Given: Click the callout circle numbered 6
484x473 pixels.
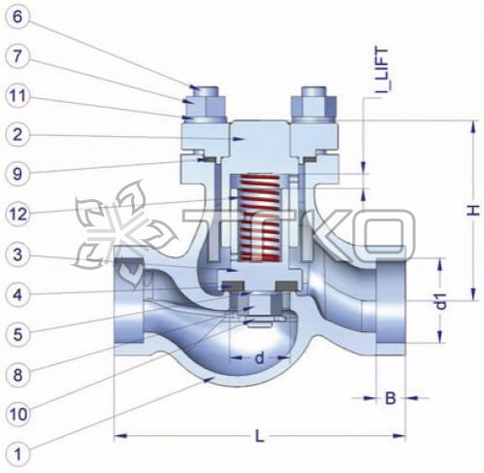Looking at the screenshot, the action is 17,17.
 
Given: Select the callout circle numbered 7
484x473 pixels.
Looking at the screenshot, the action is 17,56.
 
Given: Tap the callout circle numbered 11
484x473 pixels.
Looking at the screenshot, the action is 17,96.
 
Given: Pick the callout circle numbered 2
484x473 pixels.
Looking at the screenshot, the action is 17,135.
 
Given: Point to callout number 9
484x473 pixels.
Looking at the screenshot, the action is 17,174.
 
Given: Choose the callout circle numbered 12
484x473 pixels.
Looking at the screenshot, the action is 17,214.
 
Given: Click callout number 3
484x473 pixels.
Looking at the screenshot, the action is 17,254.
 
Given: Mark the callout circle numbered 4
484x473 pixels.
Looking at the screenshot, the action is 17,295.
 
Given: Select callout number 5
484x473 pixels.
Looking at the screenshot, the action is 17,334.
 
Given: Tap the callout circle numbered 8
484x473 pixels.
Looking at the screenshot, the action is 17,375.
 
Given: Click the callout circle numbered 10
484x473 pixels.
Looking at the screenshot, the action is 17,414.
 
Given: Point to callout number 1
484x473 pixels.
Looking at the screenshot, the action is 17,455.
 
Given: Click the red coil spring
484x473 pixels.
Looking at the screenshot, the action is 259,219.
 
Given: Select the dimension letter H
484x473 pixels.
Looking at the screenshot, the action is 473,210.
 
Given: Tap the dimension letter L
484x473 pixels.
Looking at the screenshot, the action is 259,436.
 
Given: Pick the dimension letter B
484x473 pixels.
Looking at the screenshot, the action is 390,398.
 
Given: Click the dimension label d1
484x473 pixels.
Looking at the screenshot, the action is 441,301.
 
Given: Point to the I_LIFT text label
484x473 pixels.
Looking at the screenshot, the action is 382,72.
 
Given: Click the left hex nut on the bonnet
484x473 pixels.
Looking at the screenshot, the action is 206,108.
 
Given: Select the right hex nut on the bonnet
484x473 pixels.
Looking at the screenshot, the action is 314,108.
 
